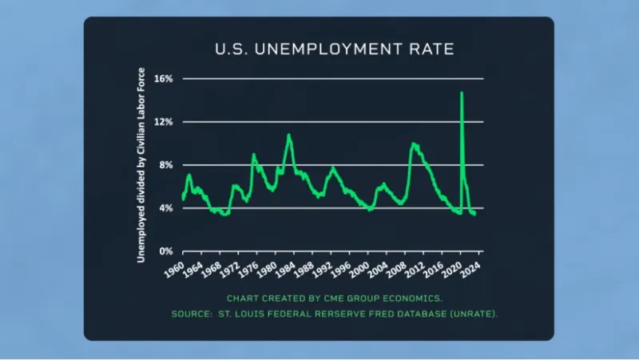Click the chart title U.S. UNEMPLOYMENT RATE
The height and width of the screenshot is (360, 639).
(334, 49)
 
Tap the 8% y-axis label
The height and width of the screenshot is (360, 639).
(166, 165)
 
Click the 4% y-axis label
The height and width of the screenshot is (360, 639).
(166, 208)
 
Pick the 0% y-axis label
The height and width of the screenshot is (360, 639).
(166, 251)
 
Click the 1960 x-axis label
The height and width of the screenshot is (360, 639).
(173, 267)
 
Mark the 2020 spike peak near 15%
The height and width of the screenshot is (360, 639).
(462, 93)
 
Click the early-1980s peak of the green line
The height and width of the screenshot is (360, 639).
(289, 135)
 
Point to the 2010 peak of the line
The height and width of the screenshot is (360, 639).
(413, 144)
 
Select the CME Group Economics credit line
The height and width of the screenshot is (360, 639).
(334, 299)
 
